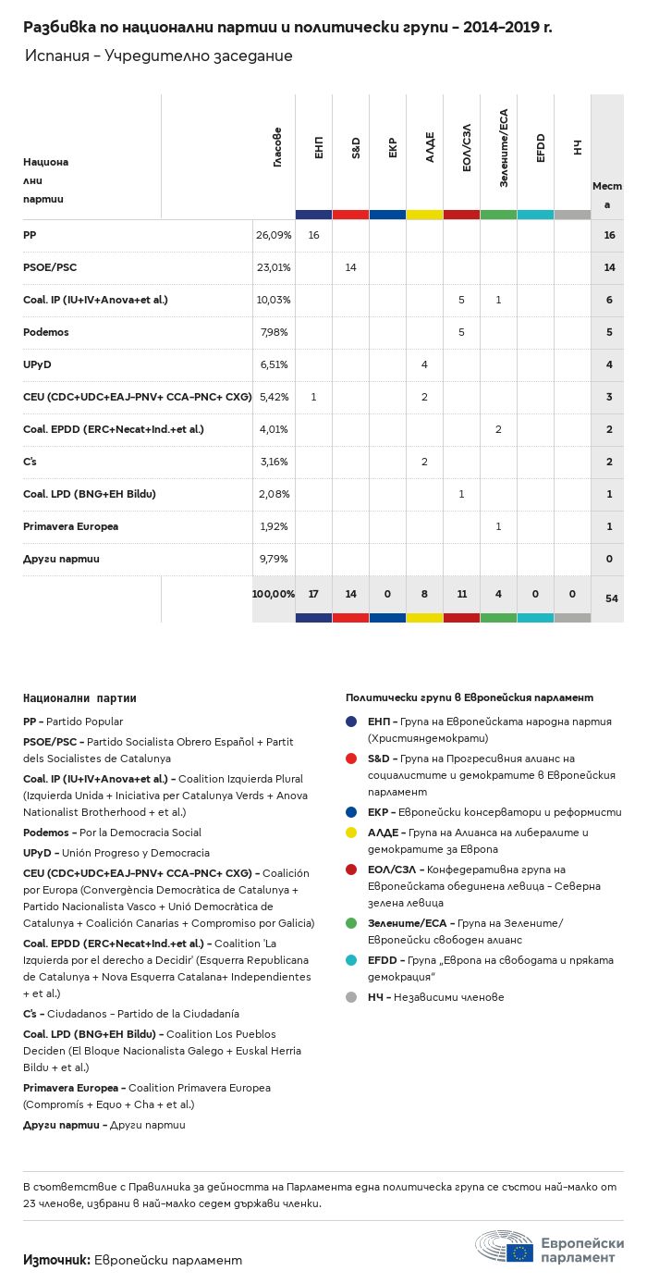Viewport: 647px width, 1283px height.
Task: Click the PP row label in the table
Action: click(x=29, y=235)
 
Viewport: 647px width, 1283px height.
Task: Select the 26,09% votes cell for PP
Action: click(x=273, y=235)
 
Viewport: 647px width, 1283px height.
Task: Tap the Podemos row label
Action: click(x=46, y=332)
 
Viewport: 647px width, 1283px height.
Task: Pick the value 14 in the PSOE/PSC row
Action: click(x=350, y=267)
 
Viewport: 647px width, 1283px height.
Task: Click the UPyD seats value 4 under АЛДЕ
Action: click(x=424, y=364)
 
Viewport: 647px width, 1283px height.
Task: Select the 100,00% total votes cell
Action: click(x=273, y=593)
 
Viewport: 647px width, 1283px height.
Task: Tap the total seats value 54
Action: click(x=611, y=598)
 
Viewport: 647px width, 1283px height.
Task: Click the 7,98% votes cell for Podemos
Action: click(x=273, y=332)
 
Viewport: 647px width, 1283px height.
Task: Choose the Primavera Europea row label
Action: click(x=70, y=526)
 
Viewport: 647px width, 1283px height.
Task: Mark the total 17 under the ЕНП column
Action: click(x=313, y=593)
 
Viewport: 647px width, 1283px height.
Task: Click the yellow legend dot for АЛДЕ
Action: click(x=351, y=833)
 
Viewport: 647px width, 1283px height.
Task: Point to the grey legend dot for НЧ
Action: click(x=351, y=997)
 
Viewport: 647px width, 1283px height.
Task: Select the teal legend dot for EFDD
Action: click(x=351, y=960)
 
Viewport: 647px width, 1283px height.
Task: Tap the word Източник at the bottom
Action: click(x=55, y=1259)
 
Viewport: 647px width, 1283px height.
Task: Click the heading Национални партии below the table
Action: click(x=79, y=697)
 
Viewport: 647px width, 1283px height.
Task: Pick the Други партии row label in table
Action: click(x=62, y=559)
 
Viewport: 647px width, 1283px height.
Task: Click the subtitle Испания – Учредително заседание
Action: click(x=159, y=56)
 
